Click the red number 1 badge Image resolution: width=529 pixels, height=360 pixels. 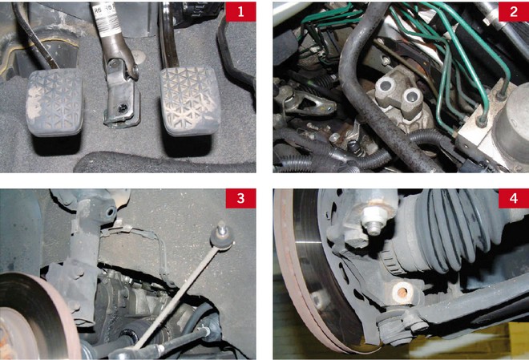pos(240,12)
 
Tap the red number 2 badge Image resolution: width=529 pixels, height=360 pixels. pos(514,12)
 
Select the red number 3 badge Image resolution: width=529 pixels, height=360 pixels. pos(240,198)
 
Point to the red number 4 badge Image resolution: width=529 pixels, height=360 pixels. pos(514,198)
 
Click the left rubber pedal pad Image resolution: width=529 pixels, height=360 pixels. pos(55,102)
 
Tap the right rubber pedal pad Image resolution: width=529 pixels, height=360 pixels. pos(191,100)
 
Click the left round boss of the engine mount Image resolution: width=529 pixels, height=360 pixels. pos(384,87)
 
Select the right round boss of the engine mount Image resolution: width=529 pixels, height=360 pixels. pos(412,98)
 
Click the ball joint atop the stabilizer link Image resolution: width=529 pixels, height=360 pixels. pos(222,237)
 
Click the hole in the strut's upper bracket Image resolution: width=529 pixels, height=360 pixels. pos(111,212)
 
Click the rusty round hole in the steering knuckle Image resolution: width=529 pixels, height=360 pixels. pos(403,290)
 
